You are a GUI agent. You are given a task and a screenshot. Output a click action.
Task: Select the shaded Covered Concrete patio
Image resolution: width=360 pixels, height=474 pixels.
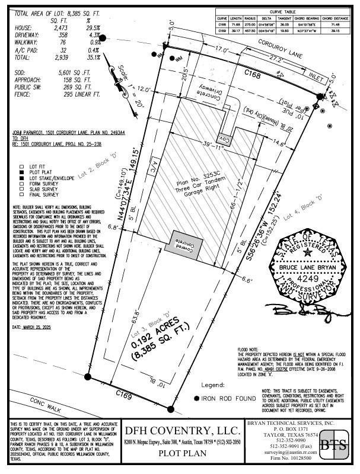click(183, 244)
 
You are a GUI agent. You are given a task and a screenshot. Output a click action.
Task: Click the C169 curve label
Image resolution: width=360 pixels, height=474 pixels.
click(123, 393)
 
